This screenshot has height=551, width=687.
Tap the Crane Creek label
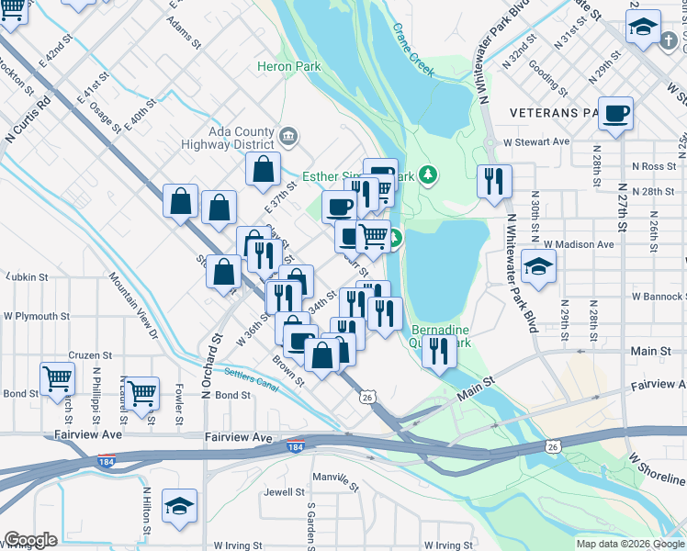coord(413,51)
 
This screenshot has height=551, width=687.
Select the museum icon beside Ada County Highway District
coord(288,138)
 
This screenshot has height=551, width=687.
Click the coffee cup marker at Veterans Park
coord(615,115)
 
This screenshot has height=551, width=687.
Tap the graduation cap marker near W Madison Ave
coord(538,268)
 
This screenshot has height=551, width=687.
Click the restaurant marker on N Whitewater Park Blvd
coord(494,182)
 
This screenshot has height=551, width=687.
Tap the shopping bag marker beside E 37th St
coord(263,170)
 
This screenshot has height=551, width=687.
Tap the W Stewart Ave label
coord(536,142)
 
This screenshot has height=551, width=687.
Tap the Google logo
coord(29,540)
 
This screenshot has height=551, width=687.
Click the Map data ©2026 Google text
coord(629,544)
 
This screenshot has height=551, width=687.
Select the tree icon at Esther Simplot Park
coord(426,174)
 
